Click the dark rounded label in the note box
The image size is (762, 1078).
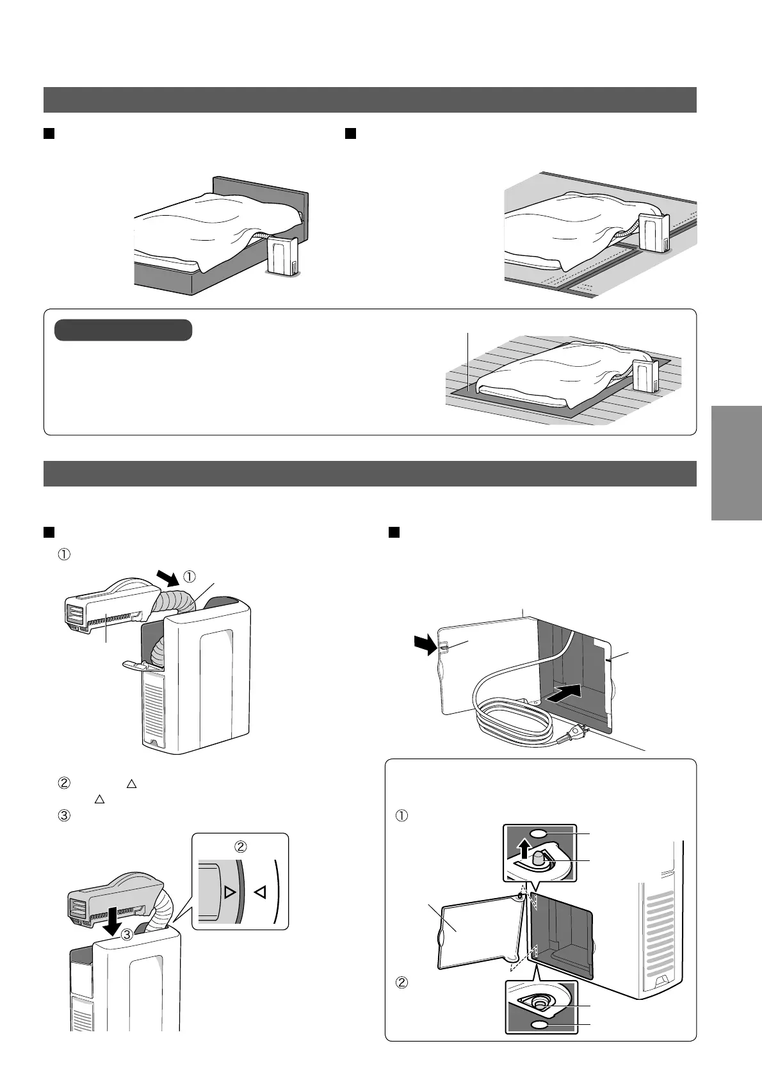[x=123, y=330]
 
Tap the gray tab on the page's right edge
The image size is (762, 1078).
[x=736, y=463]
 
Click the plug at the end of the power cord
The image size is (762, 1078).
[x=577, y=730]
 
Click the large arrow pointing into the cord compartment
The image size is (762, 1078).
[x=565, y=693]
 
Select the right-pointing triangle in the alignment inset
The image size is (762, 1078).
[x=230, y=892]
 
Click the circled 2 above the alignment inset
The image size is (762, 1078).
[x=240, y=846]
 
